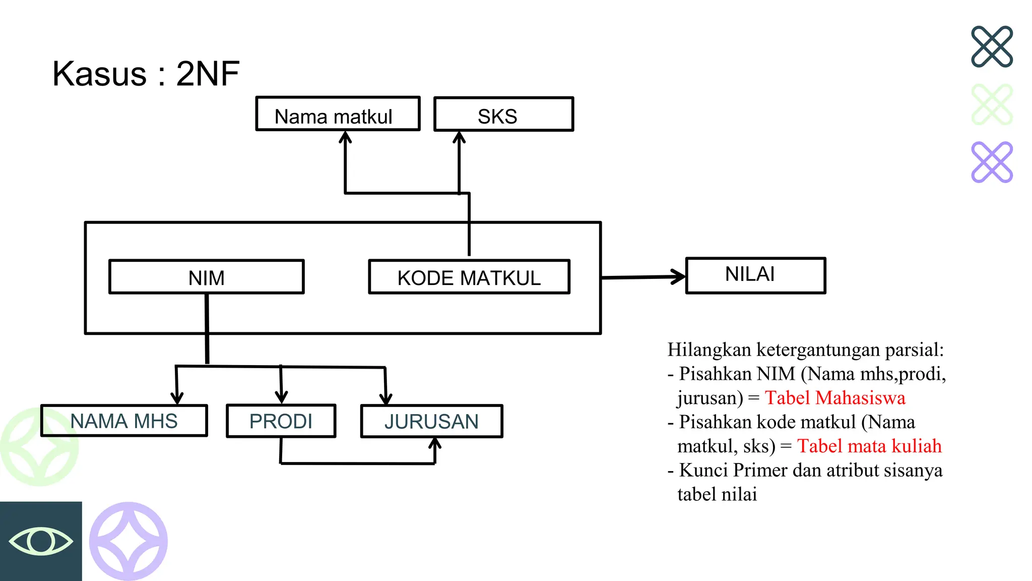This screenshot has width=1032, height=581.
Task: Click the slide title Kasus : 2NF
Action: click(146, 74)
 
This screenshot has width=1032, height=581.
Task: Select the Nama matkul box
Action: click(338, 114)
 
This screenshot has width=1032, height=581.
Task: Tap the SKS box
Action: click(503, 114)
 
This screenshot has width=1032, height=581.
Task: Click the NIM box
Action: click(207, 277)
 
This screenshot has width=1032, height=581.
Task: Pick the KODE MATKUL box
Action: click(469, 277)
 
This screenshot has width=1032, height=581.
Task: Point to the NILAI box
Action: click(755, 275)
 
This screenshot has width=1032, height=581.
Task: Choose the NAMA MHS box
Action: click(124, 421)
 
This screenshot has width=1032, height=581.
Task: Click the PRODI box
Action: click(281, 421)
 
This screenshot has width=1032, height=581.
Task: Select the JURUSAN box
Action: click(432, 421)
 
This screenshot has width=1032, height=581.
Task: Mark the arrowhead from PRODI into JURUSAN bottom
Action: click(435, 444)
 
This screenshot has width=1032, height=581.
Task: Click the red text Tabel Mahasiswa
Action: click(835, 398)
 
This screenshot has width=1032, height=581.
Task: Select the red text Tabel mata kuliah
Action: click(869, 446)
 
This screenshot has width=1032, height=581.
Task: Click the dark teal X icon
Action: click(992, 46)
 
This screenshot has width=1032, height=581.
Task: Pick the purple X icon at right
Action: click(992, 162)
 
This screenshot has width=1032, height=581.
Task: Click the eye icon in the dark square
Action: click(41, 541)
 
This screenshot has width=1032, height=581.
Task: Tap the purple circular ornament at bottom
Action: click(128, 541)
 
